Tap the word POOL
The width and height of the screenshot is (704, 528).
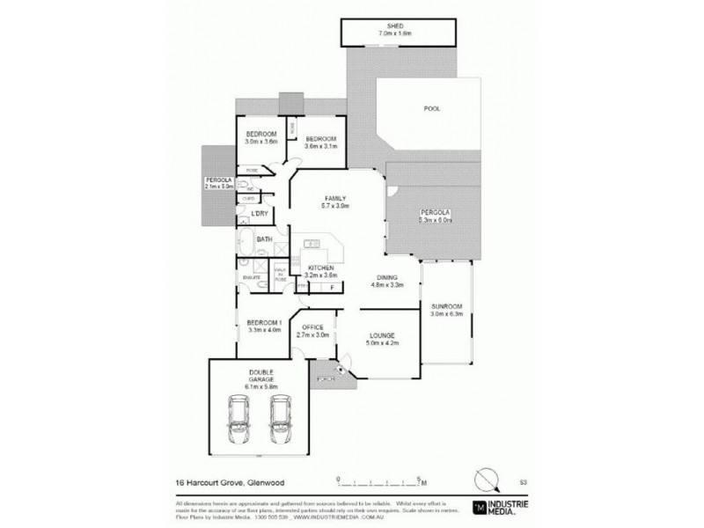coord(431,108)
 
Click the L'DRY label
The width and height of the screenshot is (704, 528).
coord(260,215)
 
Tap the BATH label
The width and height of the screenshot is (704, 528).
coord(263,239)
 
